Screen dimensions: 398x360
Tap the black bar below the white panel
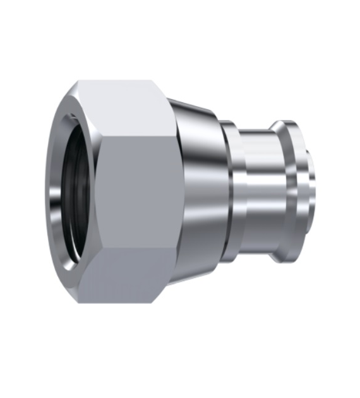click(x=180, y=378)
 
